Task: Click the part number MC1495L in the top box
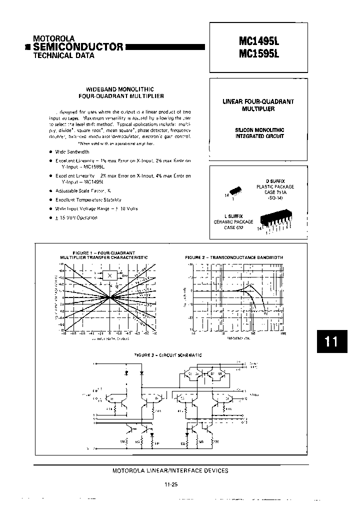(x=258, y=39)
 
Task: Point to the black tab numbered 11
(x=331, y=341)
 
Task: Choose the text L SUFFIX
(x=235, y=216)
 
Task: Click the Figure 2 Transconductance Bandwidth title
(x=234, y=257)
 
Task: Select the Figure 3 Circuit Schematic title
(x=167, y=355)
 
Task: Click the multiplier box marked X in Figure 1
(x=109, y=275)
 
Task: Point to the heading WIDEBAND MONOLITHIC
(x=121, y=88)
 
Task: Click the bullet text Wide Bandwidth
(x=72, y=151)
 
